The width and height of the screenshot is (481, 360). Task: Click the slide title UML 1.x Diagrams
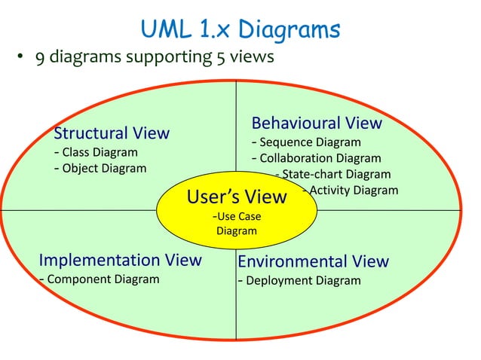(x=240, y=30)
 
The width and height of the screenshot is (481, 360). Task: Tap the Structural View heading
(x=112, y=133)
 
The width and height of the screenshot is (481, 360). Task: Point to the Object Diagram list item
(x=100, y=168)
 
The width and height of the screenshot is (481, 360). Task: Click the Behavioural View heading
(x=317, y=123)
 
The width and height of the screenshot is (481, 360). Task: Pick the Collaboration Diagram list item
(x=316, y=158)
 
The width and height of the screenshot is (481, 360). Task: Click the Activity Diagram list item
(x=350, y=190)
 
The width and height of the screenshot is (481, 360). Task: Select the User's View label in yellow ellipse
(x=236, y=197)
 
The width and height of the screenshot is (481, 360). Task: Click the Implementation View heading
(x=120, y=261)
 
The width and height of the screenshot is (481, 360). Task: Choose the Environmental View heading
(x=313, y=262)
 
